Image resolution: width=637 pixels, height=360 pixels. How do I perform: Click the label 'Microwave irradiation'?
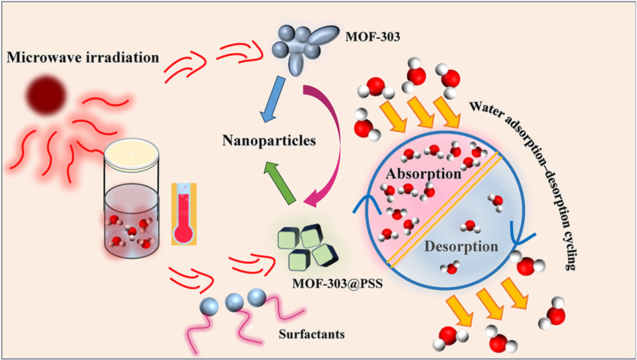point(83,58)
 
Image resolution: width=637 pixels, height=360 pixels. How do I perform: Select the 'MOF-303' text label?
point(373,37)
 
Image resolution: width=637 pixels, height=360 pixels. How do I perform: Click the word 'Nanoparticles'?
point(269,141)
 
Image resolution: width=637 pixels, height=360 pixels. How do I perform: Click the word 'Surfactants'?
point(312,334)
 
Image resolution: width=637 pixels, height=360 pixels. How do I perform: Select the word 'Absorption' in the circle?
point(424,174)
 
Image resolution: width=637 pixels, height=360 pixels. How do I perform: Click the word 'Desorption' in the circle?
point(461,247)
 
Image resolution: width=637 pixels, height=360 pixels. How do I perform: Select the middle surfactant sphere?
point(234,303)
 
